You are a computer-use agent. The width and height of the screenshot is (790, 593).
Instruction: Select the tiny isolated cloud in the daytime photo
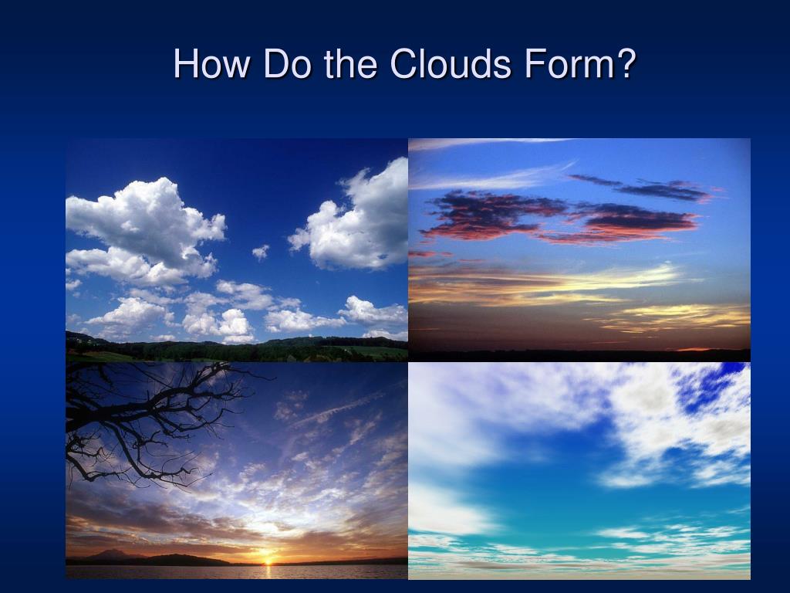coord(261,251)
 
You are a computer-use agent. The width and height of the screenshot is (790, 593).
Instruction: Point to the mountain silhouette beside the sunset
coord(116,554)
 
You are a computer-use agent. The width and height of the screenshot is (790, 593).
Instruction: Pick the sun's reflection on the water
coord(268,571)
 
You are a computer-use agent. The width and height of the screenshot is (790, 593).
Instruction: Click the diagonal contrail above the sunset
coord(339,409)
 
